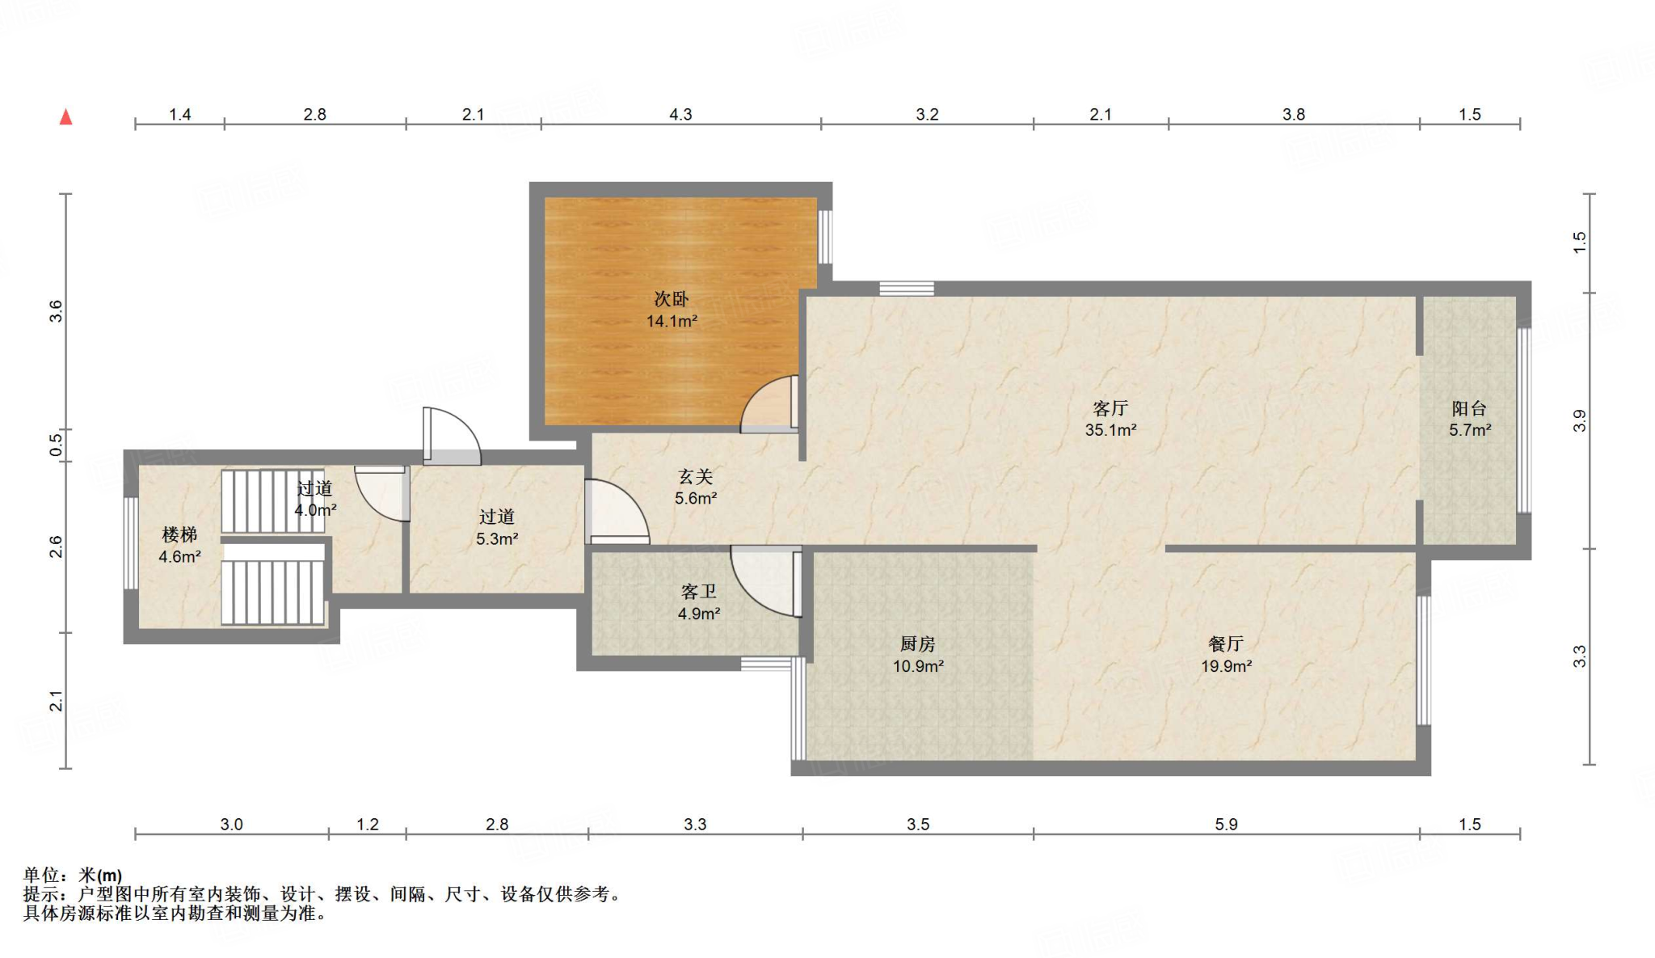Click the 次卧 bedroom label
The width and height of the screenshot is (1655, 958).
pos(671,299)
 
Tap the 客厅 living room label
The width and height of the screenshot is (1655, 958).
pos(1110,408)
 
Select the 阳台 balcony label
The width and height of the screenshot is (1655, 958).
pos(1468,408)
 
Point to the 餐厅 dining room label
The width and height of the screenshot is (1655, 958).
pos(1225,644)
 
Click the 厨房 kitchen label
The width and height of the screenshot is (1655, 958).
pos(917,644)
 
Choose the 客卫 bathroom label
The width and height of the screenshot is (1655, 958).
pos(698,592)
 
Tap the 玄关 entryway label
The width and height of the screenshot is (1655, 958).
pos(695,477)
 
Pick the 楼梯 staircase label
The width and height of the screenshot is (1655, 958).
pos(179,534)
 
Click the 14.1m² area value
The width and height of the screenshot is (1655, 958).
pos(671,321)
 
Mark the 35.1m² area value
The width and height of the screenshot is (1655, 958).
pos(1110,430)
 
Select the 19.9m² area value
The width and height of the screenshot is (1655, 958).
pos(1225,666)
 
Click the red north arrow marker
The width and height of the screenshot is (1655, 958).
pos(66,117)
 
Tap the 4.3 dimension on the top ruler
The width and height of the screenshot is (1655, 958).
pos(680,114)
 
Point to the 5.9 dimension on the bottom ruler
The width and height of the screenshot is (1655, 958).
pos(1225,824)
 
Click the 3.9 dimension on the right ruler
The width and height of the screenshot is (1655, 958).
pos(1580,420)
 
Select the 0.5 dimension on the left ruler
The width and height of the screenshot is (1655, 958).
pos(56,444)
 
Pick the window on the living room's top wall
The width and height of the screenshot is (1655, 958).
pos(907,289)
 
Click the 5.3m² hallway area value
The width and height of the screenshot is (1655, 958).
pos(496,538)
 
